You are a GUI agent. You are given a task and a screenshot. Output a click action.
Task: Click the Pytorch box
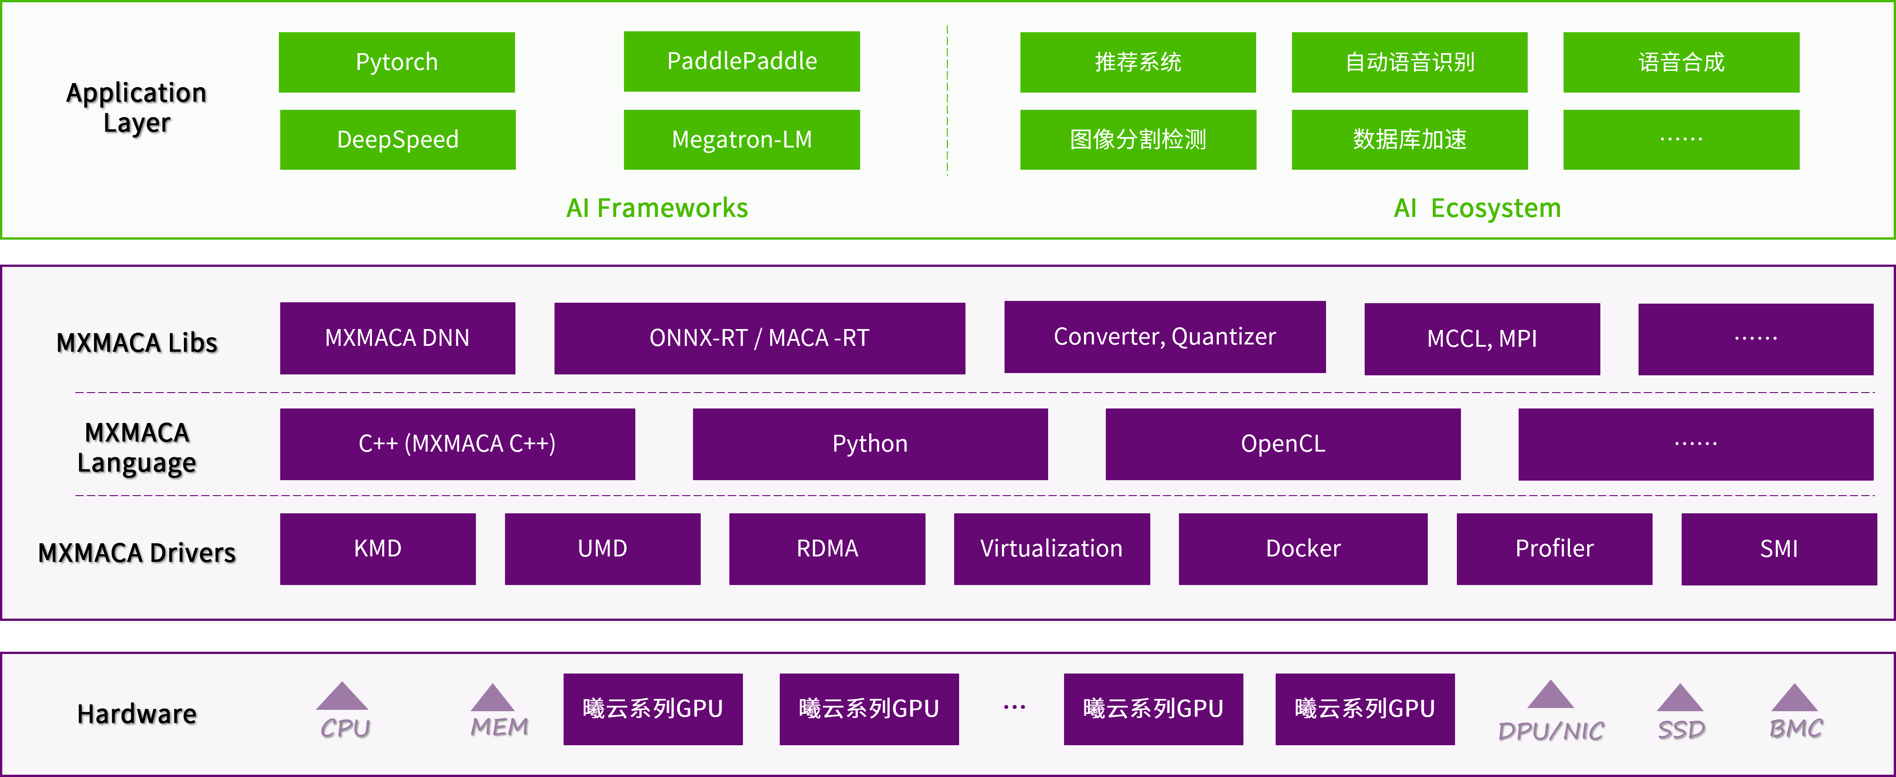click(397, 63)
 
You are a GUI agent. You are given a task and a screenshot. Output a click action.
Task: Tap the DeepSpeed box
click(397, 140)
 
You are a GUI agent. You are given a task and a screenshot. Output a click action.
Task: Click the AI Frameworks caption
click(657, 208)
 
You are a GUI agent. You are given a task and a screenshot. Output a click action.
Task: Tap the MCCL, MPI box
click(1482, 339)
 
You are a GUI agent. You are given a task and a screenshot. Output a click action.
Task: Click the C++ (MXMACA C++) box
click(457, 444)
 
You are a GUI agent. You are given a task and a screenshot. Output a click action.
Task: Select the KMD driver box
click(377, 549)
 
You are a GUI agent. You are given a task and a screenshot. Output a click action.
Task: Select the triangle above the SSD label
click(1680, 698)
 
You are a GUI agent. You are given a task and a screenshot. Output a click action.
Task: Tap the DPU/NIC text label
click(1551, 731)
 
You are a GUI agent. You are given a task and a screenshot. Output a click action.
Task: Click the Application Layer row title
click(137, 108)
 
